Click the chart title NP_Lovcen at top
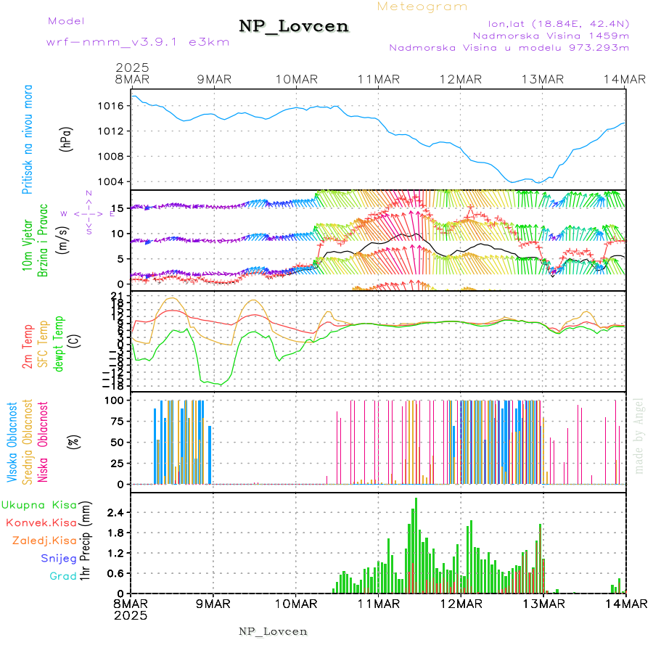(x=294, y=27)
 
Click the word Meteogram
(x=422, y=7)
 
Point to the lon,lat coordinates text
(x=549, y=22)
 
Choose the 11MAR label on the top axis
(x=379, y=79)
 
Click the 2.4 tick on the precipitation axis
(x=116, y=512)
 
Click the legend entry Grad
(x=63, y=576)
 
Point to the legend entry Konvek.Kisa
(x=41, y=522)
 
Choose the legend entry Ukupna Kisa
(x=39, y=504)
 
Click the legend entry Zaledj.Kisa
(x=44, y=541)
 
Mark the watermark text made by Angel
(x=639, y=435)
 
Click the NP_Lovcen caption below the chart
(x=273, y=631)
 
